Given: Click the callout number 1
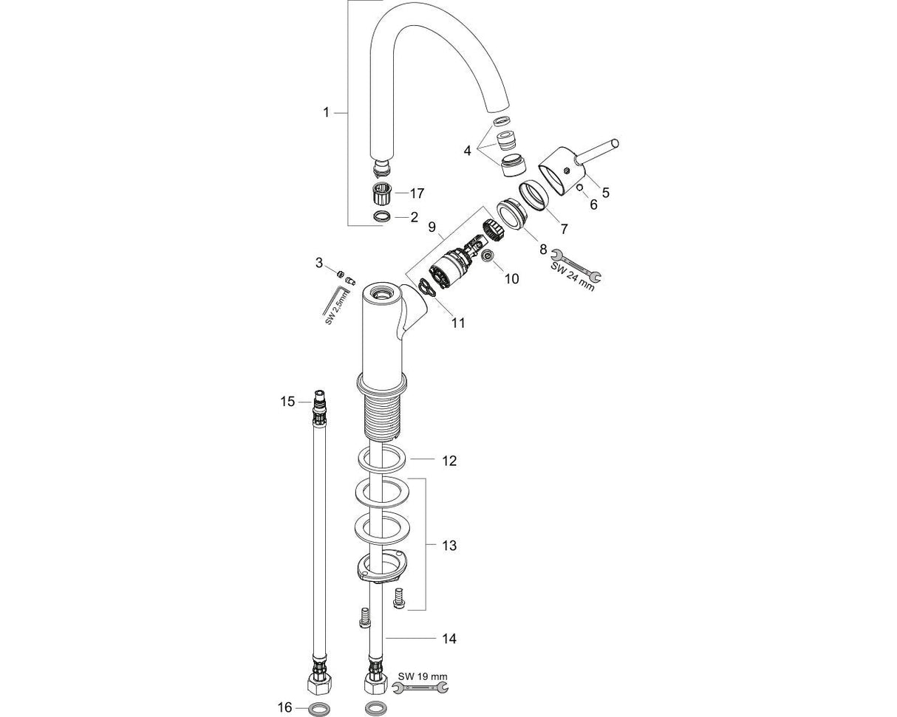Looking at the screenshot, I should click(x=325, y=112).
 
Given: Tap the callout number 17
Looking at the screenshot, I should click(x=417, y=193).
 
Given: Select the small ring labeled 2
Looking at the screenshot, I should click(x=381, y=217).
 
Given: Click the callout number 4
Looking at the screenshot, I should click(x=467, y=151).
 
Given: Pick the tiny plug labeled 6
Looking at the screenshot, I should click(x=581, y=188).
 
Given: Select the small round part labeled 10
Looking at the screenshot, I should click(x=488, y=257).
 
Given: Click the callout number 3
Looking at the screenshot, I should click(x=319, y=262).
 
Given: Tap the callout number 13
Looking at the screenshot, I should click(x=448, y=546).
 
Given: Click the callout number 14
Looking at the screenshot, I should click(x=448, y=638).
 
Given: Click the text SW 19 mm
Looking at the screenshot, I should click(x=423, y=676).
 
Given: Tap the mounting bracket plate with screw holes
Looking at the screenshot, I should click(x=381, y=567).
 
